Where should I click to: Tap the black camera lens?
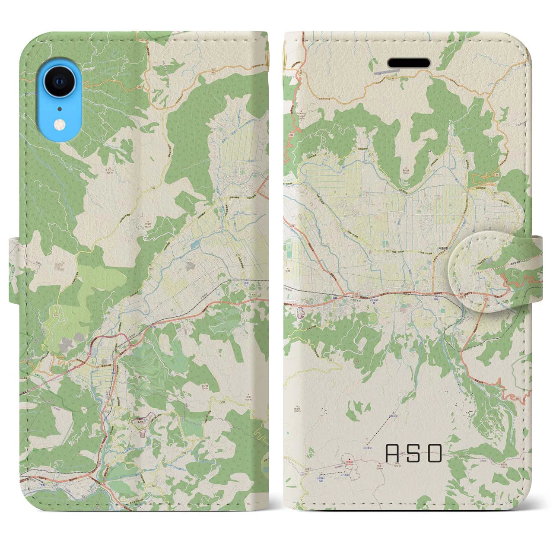pos(59,82)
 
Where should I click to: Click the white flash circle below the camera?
pos(59,125)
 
